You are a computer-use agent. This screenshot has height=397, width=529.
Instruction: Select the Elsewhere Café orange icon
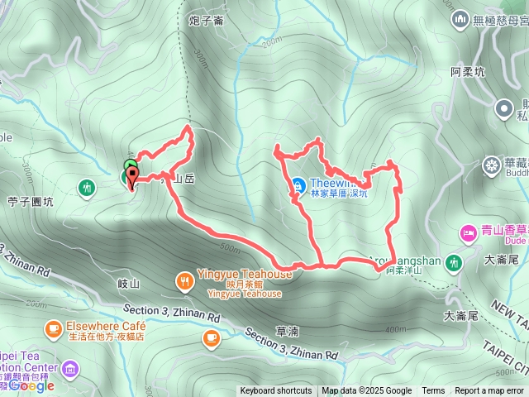54,329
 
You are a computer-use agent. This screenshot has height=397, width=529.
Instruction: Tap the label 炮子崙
207,21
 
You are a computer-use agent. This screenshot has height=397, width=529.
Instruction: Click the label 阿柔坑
468,72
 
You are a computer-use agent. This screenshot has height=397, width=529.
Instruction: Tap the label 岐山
130,283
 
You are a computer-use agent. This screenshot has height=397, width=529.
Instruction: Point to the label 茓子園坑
30,201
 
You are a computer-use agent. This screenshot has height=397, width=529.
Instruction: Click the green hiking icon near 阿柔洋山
453,262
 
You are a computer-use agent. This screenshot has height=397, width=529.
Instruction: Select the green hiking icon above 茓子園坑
86,188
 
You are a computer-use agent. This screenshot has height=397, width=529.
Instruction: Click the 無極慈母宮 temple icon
460,17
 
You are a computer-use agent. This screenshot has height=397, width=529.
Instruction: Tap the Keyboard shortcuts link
276,391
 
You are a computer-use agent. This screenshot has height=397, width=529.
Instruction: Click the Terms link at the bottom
433,391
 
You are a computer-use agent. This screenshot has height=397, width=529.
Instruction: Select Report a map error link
489,391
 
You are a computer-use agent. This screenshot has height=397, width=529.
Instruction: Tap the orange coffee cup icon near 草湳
211,337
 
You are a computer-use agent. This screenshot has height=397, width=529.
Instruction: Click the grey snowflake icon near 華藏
492,165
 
